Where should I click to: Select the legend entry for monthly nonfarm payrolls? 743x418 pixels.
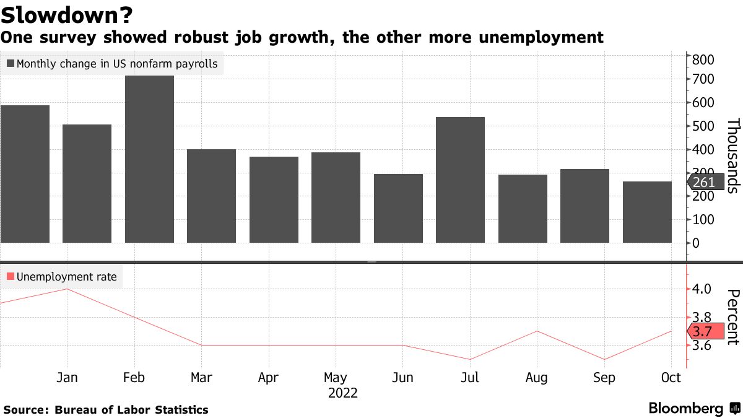click(x=111, y=63)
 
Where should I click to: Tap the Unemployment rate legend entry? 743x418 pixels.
click(x=61, y=277)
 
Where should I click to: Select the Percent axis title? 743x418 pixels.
click(x=732, y=316)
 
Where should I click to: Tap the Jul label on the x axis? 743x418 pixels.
click(x=470, y=377)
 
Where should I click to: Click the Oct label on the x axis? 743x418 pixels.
click(x=671, y=377)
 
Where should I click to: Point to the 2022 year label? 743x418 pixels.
click(x=343, y=393)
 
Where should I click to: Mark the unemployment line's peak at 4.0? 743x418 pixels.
click(x=67, y=289)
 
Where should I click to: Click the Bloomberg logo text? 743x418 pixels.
click(x=686, y=409)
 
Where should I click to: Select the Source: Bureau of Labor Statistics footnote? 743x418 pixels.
click(x=106, y=409)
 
